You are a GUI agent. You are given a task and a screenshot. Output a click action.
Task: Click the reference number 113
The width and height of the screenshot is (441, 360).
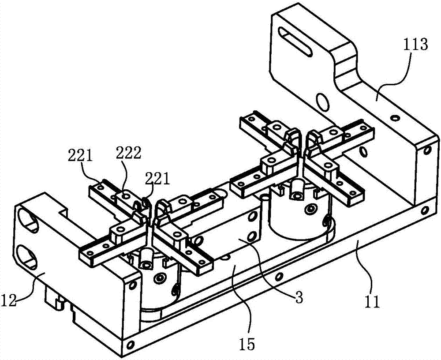tap(414, 45)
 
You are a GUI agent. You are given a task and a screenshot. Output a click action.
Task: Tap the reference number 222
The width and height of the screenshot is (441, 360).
tap(129, 152)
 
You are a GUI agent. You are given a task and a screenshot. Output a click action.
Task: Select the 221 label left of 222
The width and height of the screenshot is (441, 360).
tap(81, 155)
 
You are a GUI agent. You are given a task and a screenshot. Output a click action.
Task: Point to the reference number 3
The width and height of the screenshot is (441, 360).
tap(299, 298)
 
